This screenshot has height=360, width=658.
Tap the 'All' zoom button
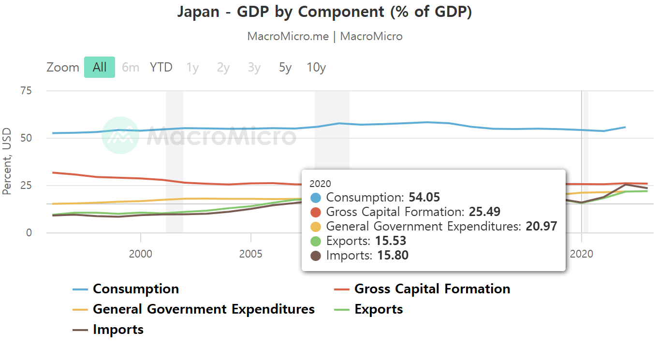pyautogui.click(x=100, y=67)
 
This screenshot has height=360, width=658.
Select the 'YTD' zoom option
pyautogui.click(x=161, y=67)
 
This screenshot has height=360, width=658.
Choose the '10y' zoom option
pyautogui.click(x=316, y=68)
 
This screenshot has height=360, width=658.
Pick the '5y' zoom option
pyautogui.click(x=285, y=68)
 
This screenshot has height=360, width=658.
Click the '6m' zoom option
pyautogui.click(x=131, y=67)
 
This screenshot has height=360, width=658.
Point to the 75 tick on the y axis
pyautogui.click(x=26, y=91)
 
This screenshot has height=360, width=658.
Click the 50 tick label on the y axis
pyautogui.click(x=26, y=138)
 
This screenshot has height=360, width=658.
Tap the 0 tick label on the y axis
pyautogui.click(x=29, y=233)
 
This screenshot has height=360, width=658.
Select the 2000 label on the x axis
pyautogui.click(x=140, y=254)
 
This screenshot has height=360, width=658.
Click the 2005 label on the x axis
pyautogui.click(x=250, y=254)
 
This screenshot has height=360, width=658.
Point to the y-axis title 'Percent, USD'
pyautogui.click(x=6, y=161)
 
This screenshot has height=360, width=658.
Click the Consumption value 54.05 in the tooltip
pyautogui.click(x=424, y=197)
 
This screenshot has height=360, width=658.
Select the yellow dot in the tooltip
pyautogui.click(x=316, y=227)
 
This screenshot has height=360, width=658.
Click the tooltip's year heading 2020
pyautogui.click(x=320, y=184)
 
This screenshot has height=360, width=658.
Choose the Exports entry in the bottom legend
pyautogui.click(x=369, y=309)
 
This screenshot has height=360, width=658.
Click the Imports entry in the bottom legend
pyautogui.click(x=108, y=330)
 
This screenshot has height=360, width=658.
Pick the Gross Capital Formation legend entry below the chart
pyautogui.click(x=422, y=289)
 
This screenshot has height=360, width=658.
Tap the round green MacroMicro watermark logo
pyautogui.click(x=120, y=135)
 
